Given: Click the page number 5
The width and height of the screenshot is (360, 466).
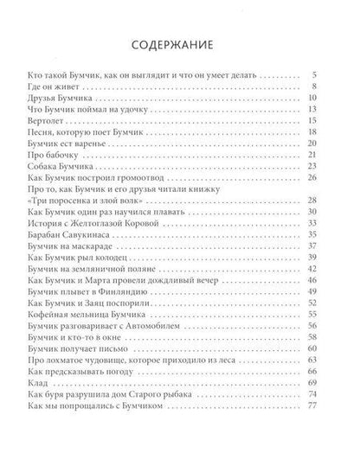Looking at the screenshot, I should (320, 75).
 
